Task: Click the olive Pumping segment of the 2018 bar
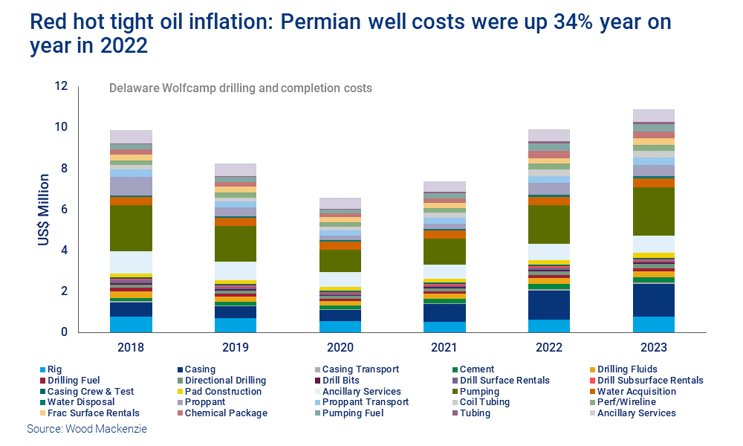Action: (131, 228)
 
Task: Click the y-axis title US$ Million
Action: (45, 210)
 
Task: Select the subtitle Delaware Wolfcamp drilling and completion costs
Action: (241, 88)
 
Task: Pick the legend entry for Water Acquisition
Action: (636, 391)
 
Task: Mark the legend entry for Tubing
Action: (476, 413)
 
